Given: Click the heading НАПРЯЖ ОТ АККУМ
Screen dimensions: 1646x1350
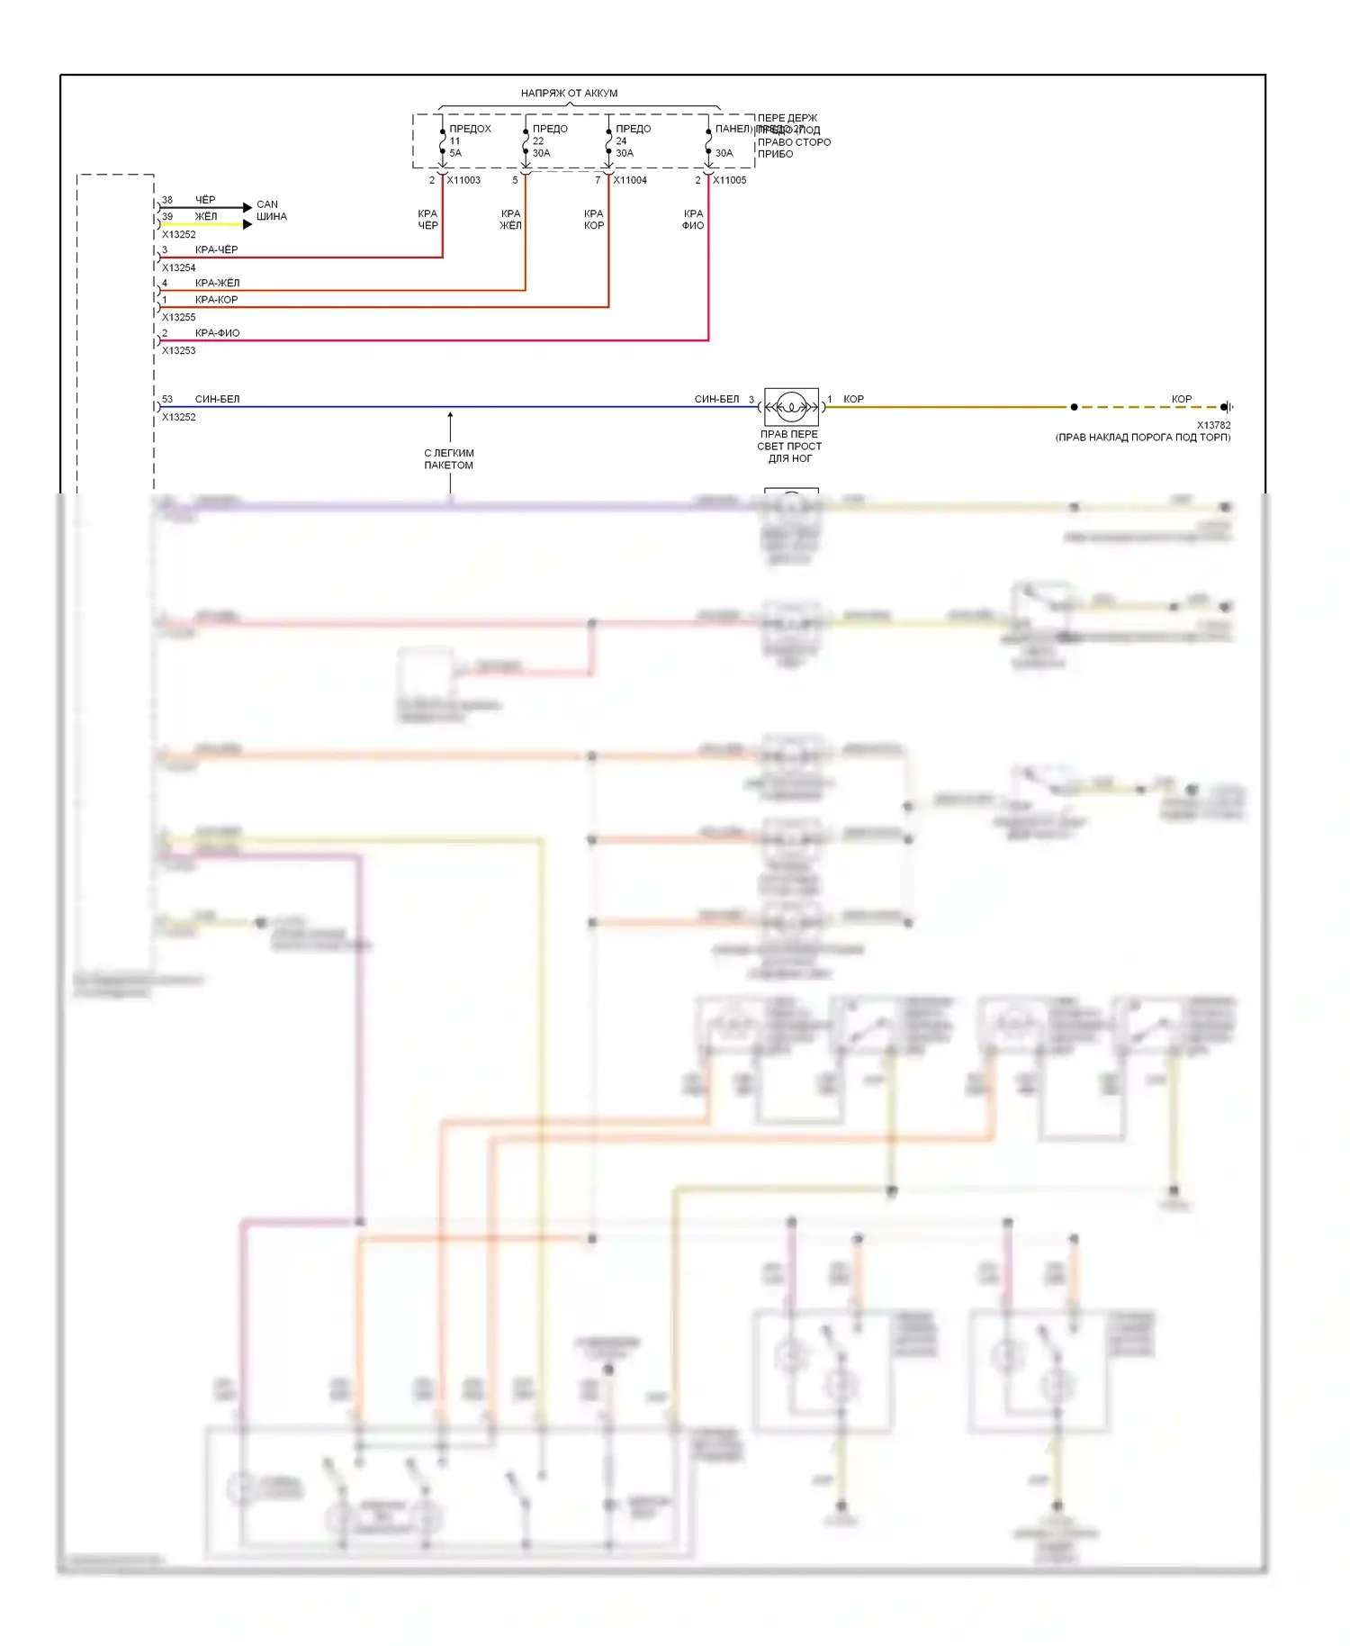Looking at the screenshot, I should (569, 93).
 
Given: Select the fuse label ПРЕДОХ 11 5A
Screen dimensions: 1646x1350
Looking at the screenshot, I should (469, 140).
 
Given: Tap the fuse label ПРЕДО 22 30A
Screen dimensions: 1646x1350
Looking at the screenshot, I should (549, 140).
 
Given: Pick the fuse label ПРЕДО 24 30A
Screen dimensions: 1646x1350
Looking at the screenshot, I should (632, 140).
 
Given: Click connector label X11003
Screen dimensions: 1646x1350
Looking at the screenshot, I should (463, 180).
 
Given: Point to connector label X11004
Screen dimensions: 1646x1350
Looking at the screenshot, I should (630, 180).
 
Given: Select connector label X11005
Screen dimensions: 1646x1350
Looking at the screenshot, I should (730, 180).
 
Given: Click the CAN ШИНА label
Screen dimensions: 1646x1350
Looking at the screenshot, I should (271, 211).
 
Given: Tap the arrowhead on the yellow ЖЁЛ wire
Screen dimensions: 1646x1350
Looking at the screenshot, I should (247, 224).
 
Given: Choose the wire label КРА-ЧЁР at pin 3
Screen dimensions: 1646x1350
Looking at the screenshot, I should (216, 249).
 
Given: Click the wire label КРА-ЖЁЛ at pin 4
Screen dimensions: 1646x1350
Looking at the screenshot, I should (217, 283).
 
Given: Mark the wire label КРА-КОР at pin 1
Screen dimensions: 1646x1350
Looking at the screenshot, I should (216, 300).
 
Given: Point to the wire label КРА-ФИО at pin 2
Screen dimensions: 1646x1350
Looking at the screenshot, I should (217, 333).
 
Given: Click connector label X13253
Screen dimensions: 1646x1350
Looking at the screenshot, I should (178, 351).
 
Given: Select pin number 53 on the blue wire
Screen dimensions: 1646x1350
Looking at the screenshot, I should (167, 399).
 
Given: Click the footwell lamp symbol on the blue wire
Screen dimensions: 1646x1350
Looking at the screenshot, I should (791, 407).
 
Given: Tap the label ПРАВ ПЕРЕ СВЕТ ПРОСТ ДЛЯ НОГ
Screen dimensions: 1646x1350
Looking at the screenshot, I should (789, 447).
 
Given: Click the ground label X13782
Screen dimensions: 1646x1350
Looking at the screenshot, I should (1213, 425).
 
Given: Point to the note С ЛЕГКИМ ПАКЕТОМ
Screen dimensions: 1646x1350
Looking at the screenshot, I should (449, 459).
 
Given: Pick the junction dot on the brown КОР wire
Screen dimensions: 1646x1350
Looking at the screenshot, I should (1074, 407).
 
